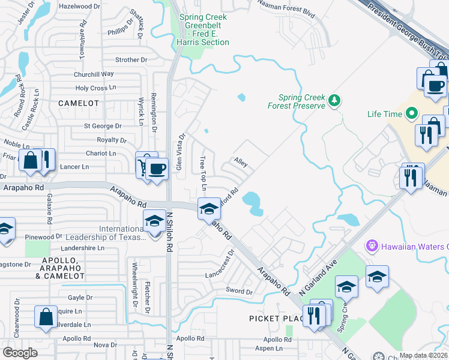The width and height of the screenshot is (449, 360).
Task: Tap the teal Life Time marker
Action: pyautogui.click(x=411, y=113)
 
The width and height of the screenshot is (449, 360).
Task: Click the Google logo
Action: pyautogui.click(x=20, y=353)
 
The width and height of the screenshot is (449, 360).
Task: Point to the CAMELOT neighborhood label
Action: pyautogui.click(x=79, y=103)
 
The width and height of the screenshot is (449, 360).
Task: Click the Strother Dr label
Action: pyautogui.click(x=131, y=60)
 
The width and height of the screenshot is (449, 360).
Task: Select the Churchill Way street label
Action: pyautogui.click(x=94, y=74)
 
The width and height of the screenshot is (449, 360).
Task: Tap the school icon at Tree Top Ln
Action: pyautogui.click(x=209, y=208)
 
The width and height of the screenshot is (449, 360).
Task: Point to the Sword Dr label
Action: pyautogui.click(x=240, y=291)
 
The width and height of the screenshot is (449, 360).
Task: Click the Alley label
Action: pyautogui.click(x=241, y=163)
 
